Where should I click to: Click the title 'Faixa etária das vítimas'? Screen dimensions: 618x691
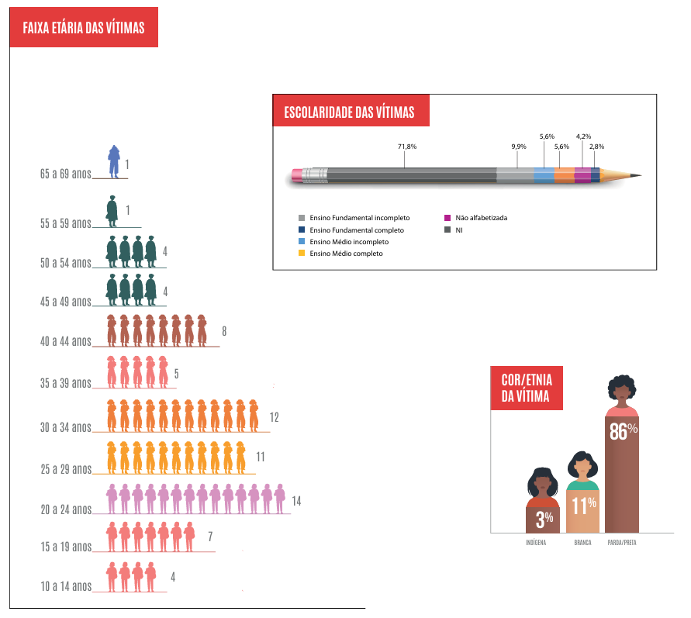[x=84, y=29]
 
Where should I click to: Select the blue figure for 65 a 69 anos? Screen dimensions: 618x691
[x=113, y=161]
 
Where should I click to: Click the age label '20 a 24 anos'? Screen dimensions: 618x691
[x=66, y=509]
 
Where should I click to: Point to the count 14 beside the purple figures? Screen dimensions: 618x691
[x=296, y=501]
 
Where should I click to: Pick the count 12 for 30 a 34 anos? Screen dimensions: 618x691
[x=274, y=417]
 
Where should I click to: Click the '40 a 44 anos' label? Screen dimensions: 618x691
[x=66, y=341]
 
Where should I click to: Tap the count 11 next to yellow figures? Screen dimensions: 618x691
[x=261, y=456]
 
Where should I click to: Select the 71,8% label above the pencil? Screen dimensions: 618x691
[x=407, y=146]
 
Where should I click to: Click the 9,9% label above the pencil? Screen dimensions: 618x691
[x=519, y=146]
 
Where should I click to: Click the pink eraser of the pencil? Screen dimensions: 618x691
[x=297, y=176]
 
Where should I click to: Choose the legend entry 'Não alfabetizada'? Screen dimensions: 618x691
[x=482, y=218]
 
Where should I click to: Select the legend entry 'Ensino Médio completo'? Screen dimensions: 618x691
[x=345, y=253]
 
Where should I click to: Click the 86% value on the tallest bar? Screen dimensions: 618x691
[x=623, y=431]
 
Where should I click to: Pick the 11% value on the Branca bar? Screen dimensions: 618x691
[x=583, y=506]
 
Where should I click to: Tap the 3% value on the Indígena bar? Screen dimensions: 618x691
[x=544, y=518]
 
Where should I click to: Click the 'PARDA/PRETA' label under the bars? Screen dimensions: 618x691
[x=622, y=543]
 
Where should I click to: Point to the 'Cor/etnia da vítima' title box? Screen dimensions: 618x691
[x=527, y=387]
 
